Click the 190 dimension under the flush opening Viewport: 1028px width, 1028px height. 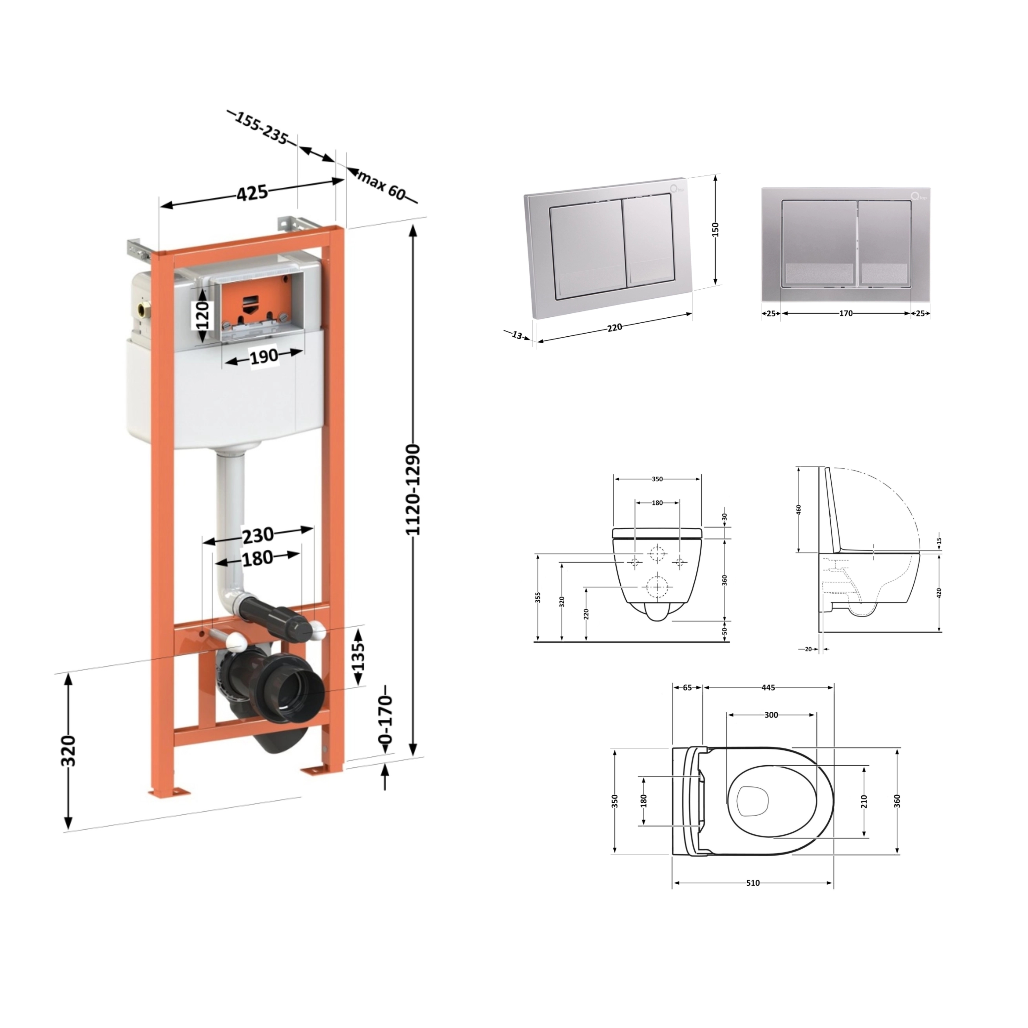[x=264, y=356]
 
